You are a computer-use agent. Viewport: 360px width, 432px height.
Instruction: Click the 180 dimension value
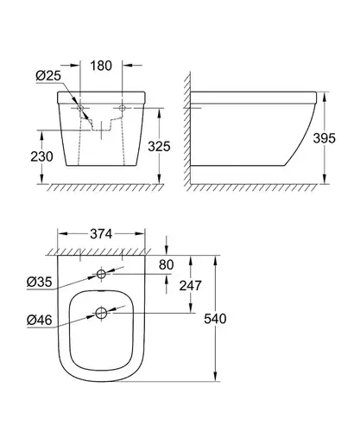click(x=101, y=66)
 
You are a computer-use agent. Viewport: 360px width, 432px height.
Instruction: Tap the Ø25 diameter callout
click(x=48, y=75)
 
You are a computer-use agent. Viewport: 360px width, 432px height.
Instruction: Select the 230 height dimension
click(x=41, y=156)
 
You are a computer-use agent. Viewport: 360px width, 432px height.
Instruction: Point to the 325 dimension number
click(x=159, y=146)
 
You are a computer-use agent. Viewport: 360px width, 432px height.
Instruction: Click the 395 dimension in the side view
click(x=325, y=138)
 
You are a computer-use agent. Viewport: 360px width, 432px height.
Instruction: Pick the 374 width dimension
click(x=101, y=234)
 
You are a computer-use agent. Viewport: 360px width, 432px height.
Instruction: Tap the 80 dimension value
click(x=166, y=264)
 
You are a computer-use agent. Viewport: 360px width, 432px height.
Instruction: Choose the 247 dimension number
click(x=190, y=285)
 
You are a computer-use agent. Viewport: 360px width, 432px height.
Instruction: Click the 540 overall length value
click(x=215, y=319)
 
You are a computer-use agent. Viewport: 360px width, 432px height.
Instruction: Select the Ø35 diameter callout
click(x=40, y=282)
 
